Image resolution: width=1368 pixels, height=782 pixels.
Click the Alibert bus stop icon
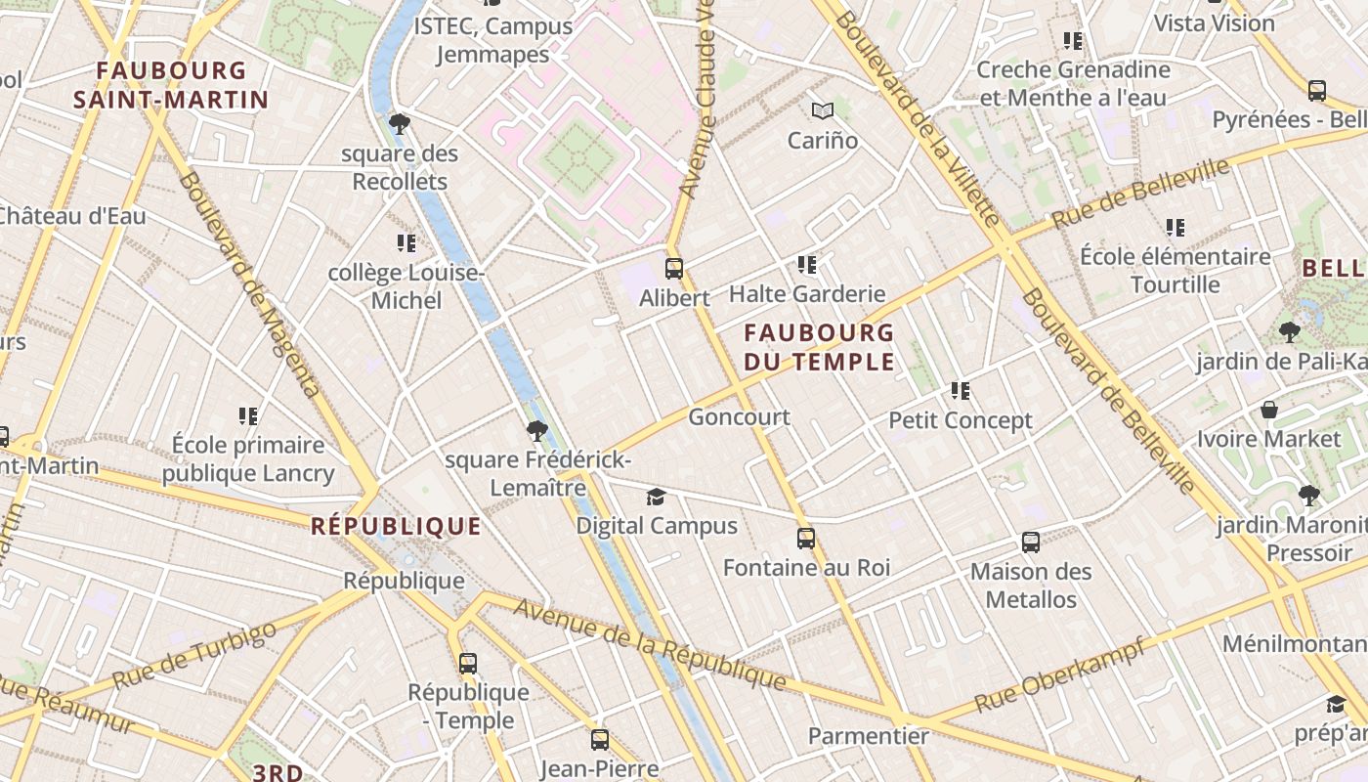tap(674, 268)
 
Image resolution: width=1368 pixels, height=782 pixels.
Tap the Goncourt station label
tap(739, 417)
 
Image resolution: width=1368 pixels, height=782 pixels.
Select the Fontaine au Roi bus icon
tap(806, 538)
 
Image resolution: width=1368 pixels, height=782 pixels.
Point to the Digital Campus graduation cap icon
tap(656, 498)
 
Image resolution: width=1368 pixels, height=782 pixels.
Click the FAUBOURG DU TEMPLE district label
tap(819, 347)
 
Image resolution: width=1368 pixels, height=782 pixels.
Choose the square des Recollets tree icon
tap(399, 123)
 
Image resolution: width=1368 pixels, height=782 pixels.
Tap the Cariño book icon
tap(824, 110)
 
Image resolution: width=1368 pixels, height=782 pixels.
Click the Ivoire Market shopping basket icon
tap(1269, 410)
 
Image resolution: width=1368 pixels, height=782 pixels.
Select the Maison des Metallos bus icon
tap(1031, 542)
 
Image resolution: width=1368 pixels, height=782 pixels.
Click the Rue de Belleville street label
tap(1140, 195)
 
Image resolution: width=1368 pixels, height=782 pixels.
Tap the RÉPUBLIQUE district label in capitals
tap(396, 527)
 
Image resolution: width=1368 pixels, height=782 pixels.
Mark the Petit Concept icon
tap(961, 391)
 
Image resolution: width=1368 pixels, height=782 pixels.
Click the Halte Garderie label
tap(807, 294)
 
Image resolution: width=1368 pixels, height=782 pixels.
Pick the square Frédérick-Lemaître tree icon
tap(536, 430)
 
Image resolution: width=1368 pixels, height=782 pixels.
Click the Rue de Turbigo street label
tap(194, 654)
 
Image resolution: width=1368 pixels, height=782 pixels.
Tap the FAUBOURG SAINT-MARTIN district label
tap(171, 85)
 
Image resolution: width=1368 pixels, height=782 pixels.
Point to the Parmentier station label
tap(868, 735)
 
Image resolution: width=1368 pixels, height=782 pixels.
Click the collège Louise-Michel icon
tap(406, 242)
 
